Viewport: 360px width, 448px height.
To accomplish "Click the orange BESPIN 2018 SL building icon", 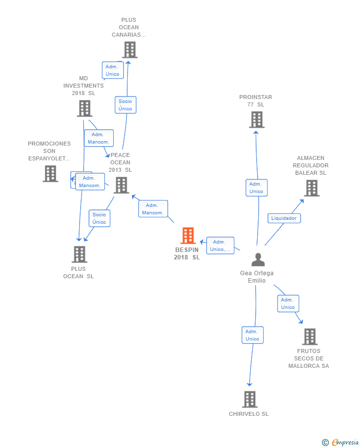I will [x=188, y=236].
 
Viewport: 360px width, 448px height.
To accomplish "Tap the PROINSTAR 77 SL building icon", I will [x=257, y=120].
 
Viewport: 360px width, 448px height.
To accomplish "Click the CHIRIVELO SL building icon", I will [x=250, y=399].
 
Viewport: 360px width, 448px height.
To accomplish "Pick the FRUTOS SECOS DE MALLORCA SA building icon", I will [x=310, y=337].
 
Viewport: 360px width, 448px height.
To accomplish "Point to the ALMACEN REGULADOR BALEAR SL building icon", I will [x=311, y=188].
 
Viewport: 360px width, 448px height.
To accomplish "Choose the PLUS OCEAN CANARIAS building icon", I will [x=130, y=50].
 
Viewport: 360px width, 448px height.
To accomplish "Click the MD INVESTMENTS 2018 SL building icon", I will [x=85, y=108].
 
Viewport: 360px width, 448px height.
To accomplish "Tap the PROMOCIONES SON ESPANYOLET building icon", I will [x=50, y=174].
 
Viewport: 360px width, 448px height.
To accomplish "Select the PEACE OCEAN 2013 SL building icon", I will [x=121, y=185].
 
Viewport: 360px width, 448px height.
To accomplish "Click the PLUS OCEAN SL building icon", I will [x=79, y=254].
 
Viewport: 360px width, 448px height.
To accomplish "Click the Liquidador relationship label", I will [x=284, y=218].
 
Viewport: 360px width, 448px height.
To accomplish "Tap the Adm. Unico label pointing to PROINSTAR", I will [x=256, y=188].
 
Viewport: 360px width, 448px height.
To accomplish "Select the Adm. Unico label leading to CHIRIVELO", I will [x=252, y=335].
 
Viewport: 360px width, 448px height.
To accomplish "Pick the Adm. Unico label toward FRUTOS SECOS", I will [x=288, y=303].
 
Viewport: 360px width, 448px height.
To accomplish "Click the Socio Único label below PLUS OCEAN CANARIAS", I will [x=125, y=105].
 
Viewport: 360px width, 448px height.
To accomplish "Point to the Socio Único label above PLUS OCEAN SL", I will [x=99, y=218].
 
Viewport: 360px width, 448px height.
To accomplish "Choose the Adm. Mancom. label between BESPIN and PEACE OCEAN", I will [x=153, y=209].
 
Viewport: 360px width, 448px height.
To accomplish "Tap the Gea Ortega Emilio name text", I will [x=257, y=277].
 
